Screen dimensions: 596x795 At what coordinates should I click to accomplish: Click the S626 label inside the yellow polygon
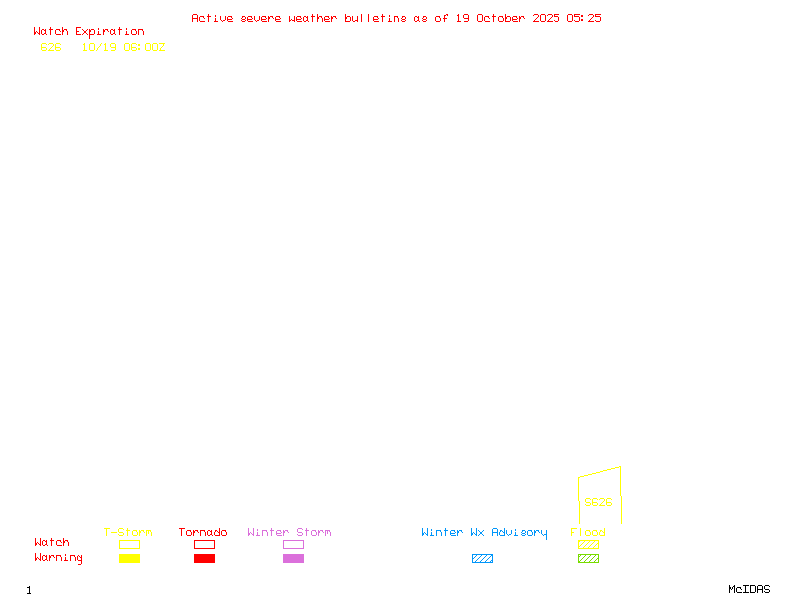click(x=598, y=502)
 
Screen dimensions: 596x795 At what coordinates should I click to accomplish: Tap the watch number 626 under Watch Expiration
click(x=51, y=47)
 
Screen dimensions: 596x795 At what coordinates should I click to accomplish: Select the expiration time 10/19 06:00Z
click(x=123, y=47)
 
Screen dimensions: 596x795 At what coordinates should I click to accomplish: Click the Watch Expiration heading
click(x=88, y=32)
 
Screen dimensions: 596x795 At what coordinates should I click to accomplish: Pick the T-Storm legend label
click(x=128, y=533)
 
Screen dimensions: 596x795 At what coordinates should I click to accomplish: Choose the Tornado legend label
click(x=203, y=533)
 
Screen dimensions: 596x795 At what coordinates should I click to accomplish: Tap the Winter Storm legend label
click(x=289, y=533)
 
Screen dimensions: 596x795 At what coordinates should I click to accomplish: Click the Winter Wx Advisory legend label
click(x=484, y=533)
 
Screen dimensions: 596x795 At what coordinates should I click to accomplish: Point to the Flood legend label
click(x=588, y=533)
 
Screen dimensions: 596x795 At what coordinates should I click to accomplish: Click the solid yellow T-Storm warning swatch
click(x=129, y=559)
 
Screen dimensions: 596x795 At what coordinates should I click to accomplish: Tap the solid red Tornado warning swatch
click(x=204, y=559)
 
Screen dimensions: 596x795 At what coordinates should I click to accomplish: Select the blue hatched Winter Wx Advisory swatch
click(x=482, y=559)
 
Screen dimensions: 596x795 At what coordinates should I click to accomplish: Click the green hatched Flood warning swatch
click(x=588, y=559)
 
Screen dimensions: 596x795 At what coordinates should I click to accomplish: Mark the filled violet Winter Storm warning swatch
click(x=293, y=559)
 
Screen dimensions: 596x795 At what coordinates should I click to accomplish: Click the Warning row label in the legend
click(x=59, y=558)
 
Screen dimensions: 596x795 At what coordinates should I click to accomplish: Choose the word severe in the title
click(x=261, y=18)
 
